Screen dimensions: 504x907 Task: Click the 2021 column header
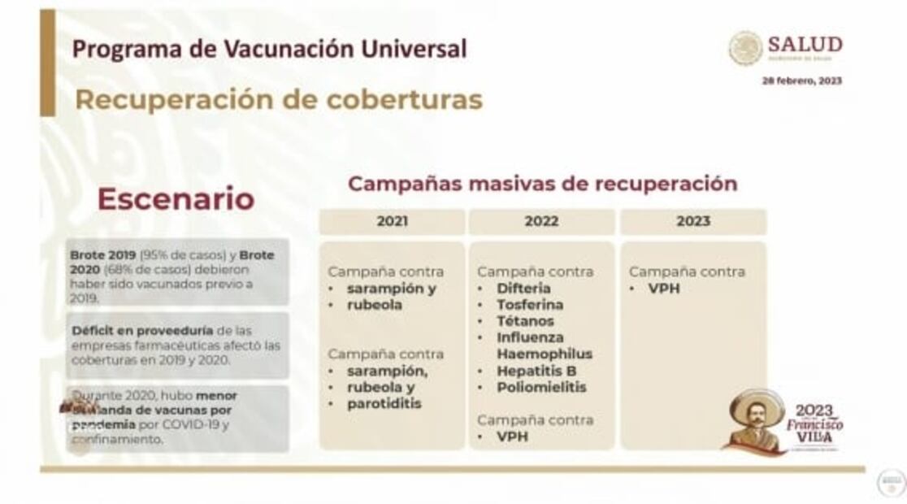[x=392, y=221]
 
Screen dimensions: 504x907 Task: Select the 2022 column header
[x=541, y=221]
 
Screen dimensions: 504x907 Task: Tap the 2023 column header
[x=692, y=221]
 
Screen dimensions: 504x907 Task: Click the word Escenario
[x=176, y=198]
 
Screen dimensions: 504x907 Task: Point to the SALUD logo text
[x=804, y=45]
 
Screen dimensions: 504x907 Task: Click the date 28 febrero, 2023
[x=801, y=80]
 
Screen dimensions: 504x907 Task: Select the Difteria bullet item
[x=523, y=289]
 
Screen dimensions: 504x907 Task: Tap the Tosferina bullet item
[x=530, y=305]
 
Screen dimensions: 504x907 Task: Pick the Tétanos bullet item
[x=525, y=321]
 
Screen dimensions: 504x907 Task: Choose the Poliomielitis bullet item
[x=541, y=387]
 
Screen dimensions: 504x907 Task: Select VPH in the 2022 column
[x=513, y=437]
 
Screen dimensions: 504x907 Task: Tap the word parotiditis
[x=384, y=403]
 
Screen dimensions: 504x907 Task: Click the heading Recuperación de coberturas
[x=279, y=99]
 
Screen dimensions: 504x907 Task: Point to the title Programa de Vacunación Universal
[x=270, y=49]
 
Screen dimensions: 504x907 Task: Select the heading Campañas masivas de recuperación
[x=542, y=184]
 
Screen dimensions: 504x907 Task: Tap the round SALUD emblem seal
[x=745, y=48]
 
